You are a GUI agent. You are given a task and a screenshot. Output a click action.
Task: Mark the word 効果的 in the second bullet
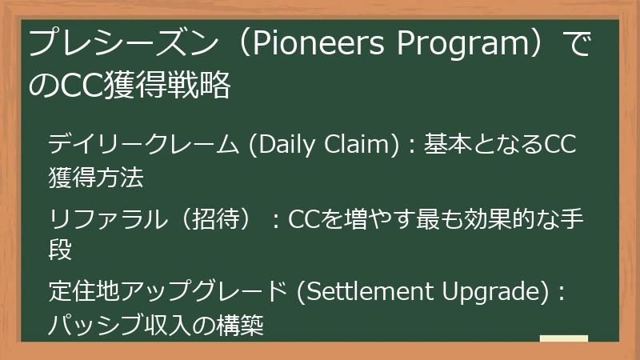(495, 219)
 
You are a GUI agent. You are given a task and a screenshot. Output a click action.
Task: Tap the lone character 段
(61, 250)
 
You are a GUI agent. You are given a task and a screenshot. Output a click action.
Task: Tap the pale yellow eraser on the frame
(563, 339)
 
